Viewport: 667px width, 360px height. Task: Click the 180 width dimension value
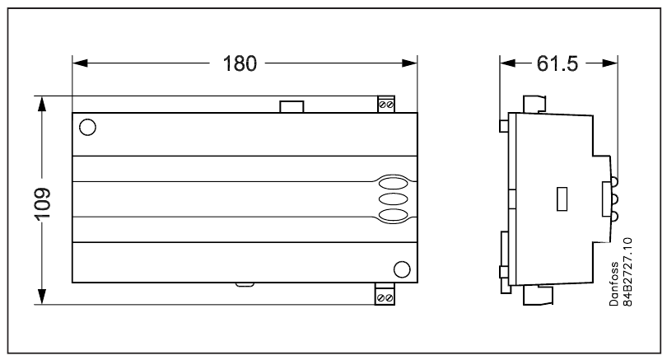click(x=240, y=63)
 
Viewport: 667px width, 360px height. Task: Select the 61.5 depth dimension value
click(x=557, y=63)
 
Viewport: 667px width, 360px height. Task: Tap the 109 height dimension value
click(x=43, y=203)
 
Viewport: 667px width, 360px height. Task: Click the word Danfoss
click(x=613, y=284)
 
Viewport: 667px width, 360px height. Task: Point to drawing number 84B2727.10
click(x=627, y=272)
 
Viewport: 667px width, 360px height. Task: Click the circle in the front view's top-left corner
click(x=87, y=127)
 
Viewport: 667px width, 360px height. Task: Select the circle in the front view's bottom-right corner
click(x=402, y=269)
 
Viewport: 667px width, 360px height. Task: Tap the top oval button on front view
click(x=393, y=184)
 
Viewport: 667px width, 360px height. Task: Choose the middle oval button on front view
click(x=393, y=199)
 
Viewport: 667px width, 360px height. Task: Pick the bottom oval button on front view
click(x=393, y=215)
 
